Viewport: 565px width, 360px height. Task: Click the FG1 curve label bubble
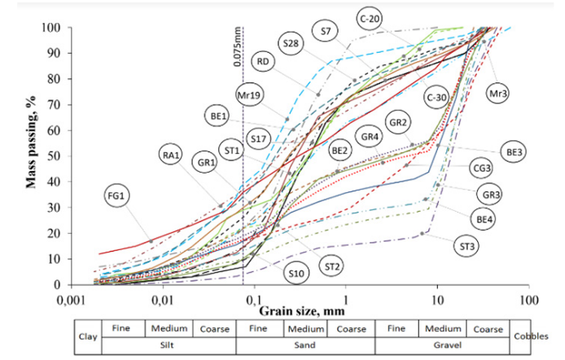point(116,195)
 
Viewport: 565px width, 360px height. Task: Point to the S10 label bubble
point(296,273)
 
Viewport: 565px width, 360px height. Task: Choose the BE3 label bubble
point(515,151)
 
